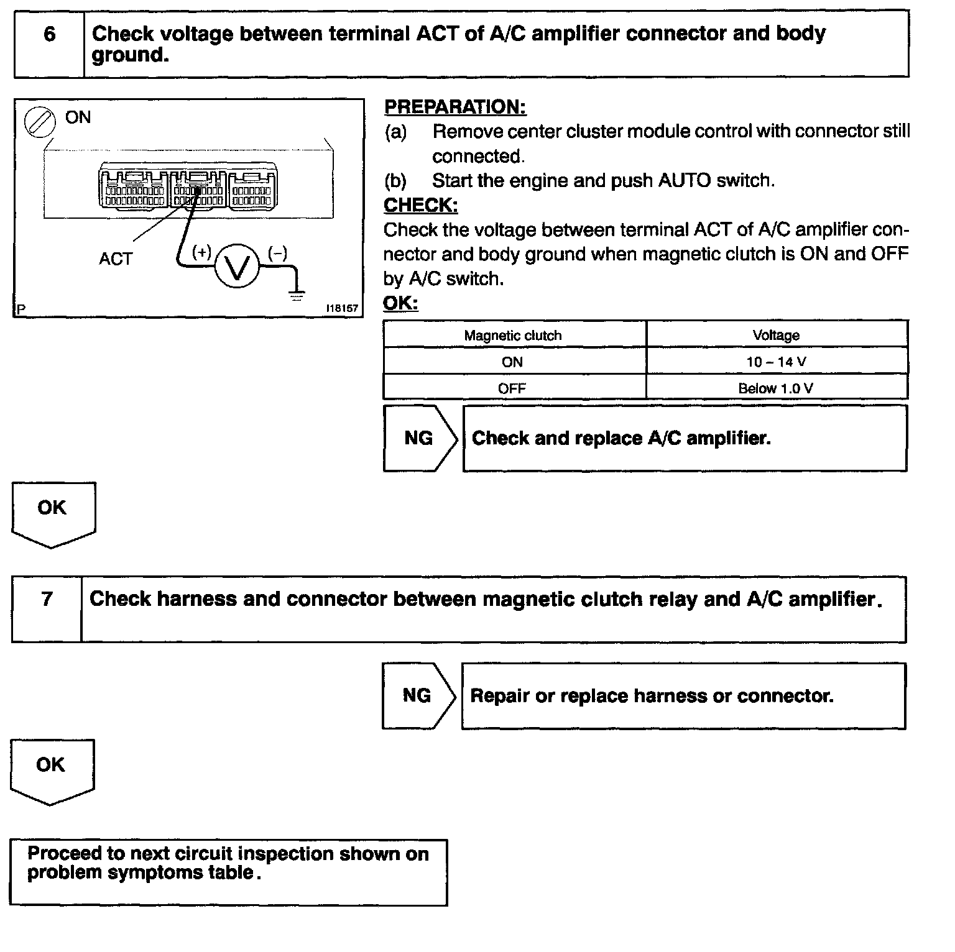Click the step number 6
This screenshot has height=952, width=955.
pos(50,34)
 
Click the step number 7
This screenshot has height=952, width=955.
pos(47,599)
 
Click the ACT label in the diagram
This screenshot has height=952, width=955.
pos(116,259)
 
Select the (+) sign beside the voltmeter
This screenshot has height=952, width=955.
pos(201,252)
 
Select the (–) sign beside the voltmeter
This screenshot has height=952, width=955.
pos(277,253)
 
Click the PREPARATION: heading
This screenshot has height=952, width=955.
pos(455,107)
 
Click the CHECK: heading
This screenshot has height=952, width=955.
pos(420,205)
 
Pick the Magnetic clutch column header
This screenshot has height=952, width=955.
pos(513,336)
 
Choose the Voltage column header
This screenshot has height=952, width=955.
pos(776,336)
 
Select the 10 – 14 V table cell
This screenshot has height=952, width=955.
pos(776,362)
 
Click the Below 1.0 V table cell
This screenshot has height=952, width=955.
pos(776,388)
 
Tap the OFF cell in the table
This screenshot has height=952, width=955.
pos(512,388)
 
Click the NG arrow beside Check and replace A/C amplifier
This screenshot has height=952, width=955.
pos(420,438)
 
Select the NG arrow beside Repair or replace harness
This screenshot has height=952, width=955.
pos(418,695)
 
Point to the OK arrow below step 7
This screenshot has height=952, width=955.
pos(52,771)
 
